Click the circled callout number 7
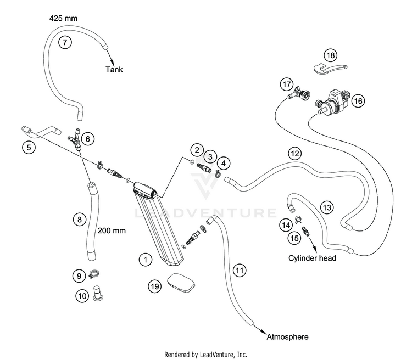[x=65, y=42]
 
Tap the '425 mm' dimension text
[x=63, y=18]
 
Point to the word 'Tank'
[x=114, y=70]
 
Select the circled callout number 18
[x=331, y=55]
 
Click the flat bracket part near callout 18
[x=330, y=69]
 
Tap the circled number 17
[x=287, y=85]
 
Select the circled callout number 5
[x=29, y=148]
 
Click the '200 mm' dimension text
[x=112, y=231]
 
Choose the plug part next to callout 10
[x=98, y=293]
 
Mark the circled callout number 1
[x=146, y=260]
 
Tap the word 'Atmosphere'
[x=287, y=337]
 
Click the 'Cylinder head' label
[x=312, y=258]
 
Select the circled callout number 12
[x=294, y=153]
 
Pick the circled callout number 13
[x=327, y=207]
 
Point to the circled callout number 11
[x=240, y=270]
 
